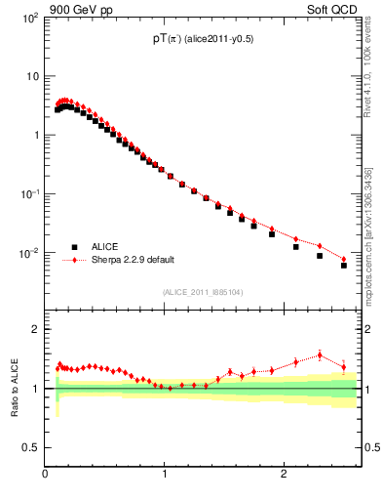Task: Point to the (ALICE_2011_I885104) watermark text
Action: click(203, 291)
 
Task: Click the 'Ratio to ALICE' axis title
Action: click(16, 389)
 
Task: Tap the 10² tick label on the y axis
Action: click(30, 18)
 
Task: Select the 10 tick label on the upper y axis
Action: click(32, 76)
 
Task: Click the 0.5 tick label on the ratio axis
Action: click(30, 447)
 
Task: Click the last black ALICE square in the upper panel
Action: click(343, 265)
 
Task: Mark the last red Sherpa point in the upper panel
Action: click(343, 260)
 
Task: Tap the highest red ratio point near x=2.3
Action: click(320, 354)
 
